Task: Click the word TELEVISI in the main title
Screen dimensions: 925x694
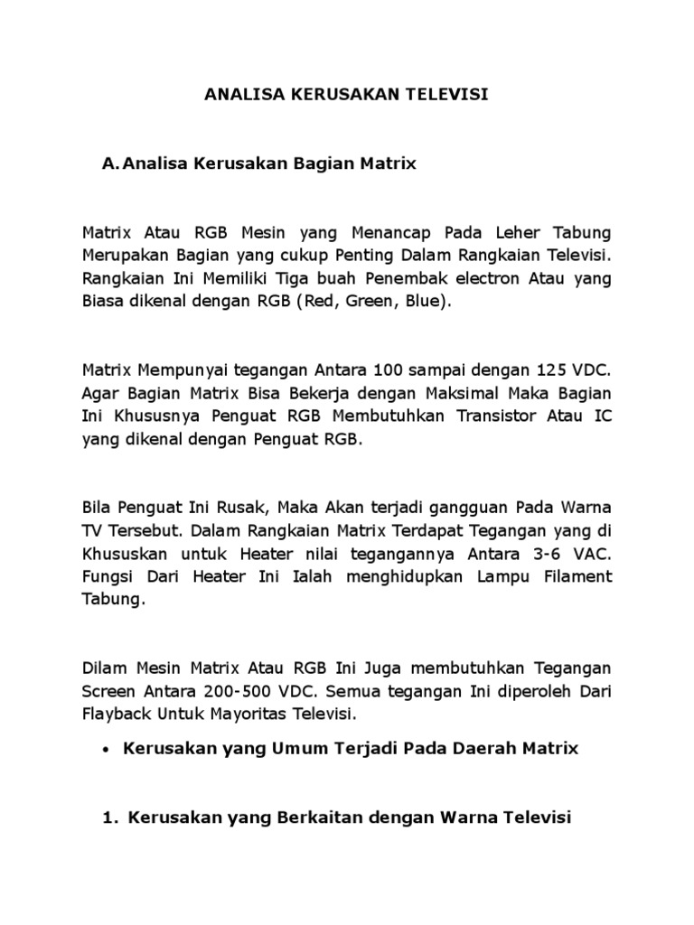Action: pyautogui.click(x=446, y=94)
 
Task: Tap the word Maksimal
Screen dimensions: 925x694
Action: pyautogui.click(x=444, y=394)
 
